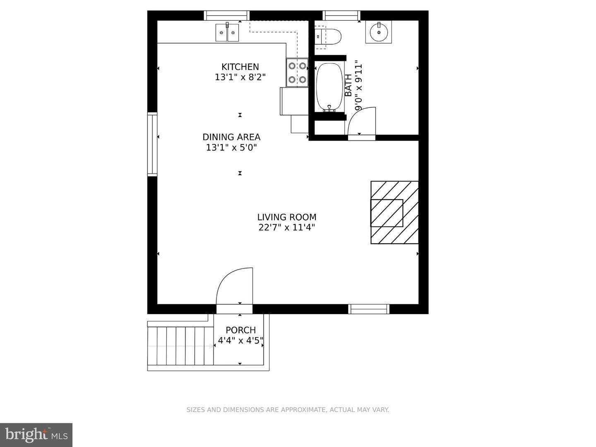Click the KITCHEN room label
(240, 67)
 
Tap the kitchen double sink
(227, 32)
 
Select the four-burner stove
(297, 72)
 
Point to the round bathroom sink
(378, 32)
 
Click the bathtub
(329, 87)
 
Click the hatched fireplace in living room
(394, 213)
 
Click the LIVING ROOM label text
(286, 217)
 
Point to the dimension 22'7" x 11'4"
(286, 227)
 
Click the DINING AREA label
(231, 137)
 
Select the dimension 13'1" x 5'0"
(231, 147)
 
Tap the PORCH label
(240, 330)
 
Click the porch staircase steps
(180, 346)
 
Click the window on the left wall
(152, 144)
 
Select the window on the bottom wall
(369, 309)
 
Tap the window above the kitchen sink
(227, 15)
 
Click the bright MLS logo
(36, 435)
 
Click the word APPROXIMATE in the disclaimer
(303, 410)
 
